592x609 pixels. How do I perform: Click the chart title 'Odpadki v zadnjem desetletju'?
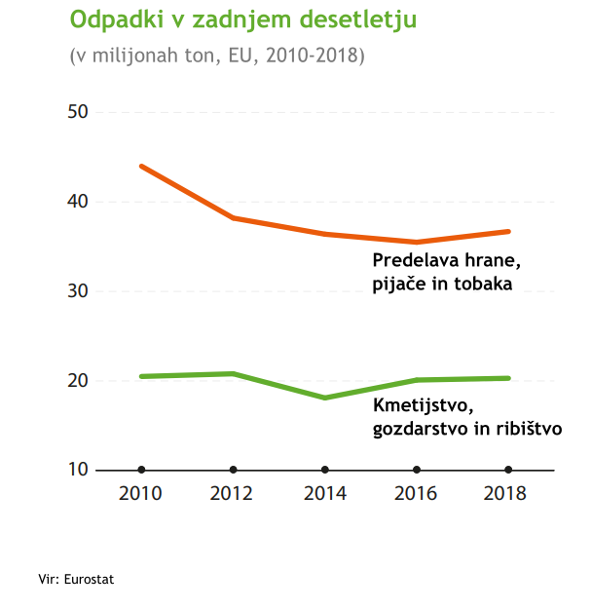click(242, 19)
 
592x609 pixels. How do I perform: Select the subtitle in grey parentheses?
click(217, 56)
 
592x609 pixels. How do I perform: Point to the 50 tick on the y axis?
click(78, 112)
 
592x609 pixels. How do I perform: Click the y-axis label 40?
click(78, 202)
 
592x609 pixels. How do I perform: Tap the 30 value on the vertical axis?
click(78, 291)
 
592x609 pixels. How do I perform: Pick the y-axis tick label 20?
click(78, 381)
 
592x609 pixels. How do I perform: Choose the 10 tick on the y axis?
click(78, 470)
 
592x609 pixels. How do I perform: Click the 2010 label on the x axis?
click(140, 493)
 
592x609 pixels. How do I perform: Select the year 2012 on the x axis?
click(232, 493)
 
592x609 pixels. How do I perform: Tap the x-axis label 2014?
click(324, 493)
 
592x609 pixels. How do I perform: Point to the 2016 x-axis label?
click(416, 493)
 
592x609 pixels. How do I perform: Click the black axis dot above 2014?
click(325, 470)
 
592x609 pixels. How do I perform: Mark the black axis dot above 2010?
click(142, 470)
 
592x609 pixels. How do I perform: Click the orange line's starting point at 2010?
click(142, 167)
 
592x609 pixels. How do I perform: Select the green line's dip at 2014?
click(325, 398)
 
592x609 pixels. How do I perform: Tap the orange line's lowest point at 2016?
click(417, 242)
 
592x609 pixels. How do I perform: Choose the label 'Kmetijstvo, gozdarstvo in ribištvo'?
click(467, 416)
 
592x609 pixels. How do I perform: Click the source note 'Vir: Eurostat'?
click(76, 579)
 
